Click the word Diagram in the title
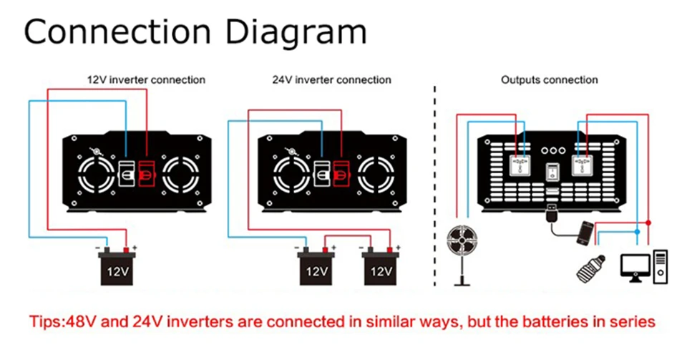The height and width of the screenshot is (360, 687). click(x=296, y=33)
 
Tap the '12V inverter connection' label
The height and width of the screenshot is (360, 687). click(x=146, y=79)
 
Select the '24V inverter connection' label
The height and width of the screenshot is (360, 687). click(x=331, y=79)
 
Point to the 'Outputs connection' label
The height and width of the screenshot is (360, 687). click(x=550, y=79)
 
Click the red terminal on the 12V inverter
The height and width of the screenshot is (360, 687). click(x=147, y=173)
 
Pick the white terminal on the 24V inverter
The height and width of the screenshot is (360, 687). click(x=322, y=173)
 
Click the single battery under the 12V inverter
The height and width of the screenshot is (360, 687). click(x=117, y=266)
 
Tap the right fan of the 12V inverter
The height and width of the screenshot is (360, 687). click(x=181, y=174)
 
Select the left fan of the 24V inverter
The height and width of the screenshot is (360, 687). click(x=291, y=174)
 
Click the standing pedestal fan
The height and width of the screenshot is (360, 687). click(x=462, y=255)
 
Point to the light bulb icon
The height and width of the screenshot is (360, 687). click(x=591, y=268)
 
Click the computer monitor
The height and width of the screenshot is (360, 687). click(x=635, y=268)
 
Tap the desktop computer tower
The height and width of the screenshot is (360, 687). click(x=661, y=267)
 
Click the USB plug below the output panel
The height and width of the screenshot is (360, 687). click(x=552, y=213)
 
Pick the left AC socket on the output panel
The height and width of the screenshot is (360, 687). click(x=520, y=165)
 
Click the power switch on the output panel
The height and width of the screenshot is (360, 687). click(x=552, y=172)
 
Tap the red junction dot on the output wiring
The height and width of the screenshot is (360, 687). click(x=648, y=223)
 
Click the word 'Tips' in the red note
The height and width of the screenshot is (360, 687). click(x=46, y=322)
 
